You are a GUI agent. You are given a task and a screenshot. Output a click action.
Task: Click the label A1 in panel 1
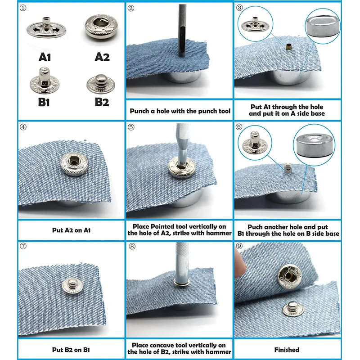click(x=45, y=57)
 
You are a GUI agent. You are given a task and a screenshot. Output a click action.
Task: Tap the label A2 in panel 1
click(x=102, y=57)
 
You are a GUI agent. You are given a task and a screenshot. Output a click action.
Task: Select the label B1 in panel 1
click(x=44, y=102)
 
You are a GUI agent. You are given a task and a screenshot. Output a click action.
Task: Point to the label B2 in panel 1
click(x=102, y=102)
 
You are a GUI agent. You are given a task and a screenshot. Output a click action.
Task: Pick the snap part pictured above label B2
click(x=100, y=84)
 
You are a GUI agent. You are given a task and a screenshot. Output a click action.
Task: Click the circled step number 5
click(x=131, y=127)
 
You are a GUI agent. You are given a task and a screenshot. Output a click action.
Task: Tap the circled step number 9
click(x=239, y=246)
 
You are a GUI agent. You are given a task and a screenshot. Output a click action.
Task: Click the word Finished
click(x=287, y=350)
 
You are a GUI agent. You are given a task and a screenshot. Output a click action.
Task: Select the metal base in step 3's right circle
click(x=323, y=26)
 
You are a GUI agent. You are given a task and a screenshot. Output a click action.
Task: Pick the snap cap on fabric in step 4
click(x=74, y=164)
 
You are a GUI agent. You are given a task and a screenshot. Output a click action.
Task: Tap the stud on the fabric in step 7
click(x=72, y=286)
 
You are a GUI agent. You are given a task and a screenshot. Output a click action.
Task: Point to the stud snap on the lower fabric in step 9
click(x=293, y=309)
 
